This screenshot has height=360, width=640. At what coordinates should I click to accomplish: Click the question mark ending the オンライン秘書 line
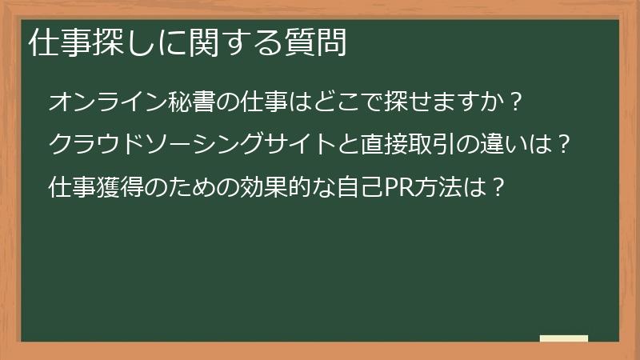click(517, 102)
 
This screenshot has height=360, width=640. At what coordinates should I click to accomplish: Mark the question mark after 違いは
click(564, 146)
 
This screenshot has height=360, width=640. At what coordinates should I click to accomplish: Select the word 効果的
click(277, 188)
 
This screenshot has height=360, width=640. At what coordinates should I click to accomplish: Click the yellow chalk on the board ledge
click(564, 338)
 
